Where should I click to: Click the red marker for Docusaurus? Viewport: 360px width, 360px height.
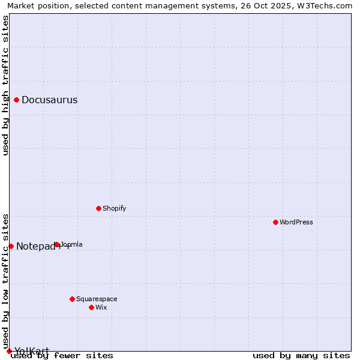pyautogui.click(x=17, y=100)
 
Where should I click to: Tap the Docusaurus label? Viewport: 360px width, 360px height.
pyautogui.click(x=49, y=100)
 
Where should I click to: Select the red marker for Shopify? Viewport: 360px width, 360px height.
pyautogui.click(x=98, y=208)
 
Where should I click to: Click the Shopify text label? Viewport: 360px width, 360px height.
pyautogui.click(x=114, y=209)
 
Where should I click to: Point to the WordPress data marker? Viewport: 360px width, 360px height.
pyautogui.click(x=275, y=222)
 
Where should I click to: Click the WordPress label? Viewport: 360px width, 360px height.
pyautogui.click(x=296, y=223)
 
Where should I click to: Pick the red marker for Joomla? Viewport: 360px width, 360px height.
pyautogui.click(x=56, y=244)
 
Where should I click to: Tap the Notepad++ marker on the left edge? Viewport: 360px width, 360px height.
pyautogui.click(x=11, y=246)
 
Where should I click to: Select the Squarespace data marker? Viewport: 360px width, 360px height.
pyautogui.click(x=72, y=299)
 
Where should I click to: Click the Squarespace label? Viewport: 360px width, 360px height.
pyautogui.click(x=97, y=299)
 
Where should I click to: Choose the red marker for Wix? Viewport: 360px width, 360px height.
pyautogui.click(x=91, y=307)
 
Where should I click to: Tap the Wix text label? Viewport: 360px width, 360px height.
pyautogui.click(x=101, y=308)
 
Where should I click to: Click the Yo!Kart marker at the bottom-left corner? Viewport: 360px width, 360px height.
pyautogui.click(x=9, y=351)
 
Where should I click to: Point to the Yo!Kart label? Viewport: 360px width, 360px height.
pyautogui.click(x=32, y=351)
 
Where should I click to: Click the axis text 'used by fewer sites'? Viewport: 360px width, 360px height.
pyautogui.click(x=62, y=356)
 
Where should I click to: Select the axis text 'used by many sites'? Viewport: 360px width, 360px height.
pyautogui.click(x=301, y=356)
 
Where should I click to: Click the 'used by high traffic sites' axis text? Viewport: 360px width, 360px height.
pyautogui.click(x=6, y=85)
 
